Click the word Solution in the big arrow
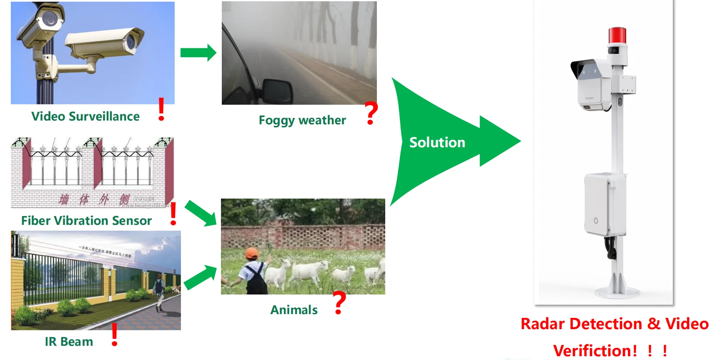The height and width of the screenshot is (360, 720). (x=437, y=143)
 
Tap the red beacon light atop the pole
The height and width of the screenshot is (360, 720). (x=617, y=35)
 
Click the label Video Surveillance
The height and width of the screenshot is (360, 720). (x=85, y=116)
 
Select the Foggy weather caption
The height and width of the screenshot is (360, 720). (x=302, y=120)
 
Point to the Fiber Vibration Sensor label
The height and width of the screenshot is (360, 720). (x=86, y=221)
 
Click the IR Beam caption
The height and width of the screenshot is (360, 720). (x=69, y=342)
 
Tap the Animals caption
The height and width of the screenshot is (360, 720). (x=294, y=310)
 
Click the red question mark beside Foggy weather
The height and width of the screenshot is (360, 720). (x=371, y=113)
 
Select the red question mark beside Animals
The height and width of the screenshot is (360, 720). (x=340, y=302)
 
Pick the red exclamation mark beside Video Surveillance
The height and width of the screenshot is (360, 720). (x=161, y=109)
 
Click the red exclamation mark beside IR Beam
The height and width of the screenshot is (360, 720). (x=115, y=335)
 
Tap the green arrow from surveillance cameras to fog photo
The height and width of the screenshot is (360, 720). (x=198, y=53)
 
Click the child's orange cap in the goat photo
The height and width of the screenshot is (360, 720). (x=252, y=253)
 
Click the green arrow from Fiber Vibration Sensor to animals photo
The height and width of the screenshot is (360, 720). (x=201, y=213)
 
